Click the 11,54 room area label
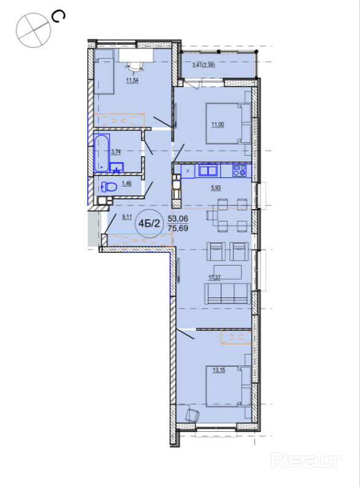tap(132, 80)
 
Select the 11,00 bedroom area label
tap(218, 125)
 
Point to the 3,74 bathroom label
tap(116, 151)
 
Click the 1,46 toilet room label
tap(126, 183)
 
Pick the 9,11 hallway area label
tap(127, 217)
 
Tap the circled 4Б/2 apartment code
tap(150, 223)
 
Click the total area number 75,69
tap(178, 228)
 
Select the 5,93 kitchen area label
tap(216, 188)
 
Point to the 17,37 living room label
tap(215, 278)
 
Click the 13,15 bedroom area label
tap(219, 370)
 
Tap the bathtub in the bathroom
tap(102, 153)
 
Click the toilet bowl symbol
tap(109, 186)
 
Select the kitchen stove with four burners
tap(239, 171)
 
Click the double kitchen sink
tap(209, 171)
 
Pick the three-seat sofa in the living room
tap(228, 294)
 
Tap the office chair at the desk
tap(134, 66)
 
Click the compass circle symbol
tap(33, 30)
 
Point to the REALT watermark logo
tap(306, 461)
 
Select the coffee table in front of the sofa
tap(228, 272)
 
